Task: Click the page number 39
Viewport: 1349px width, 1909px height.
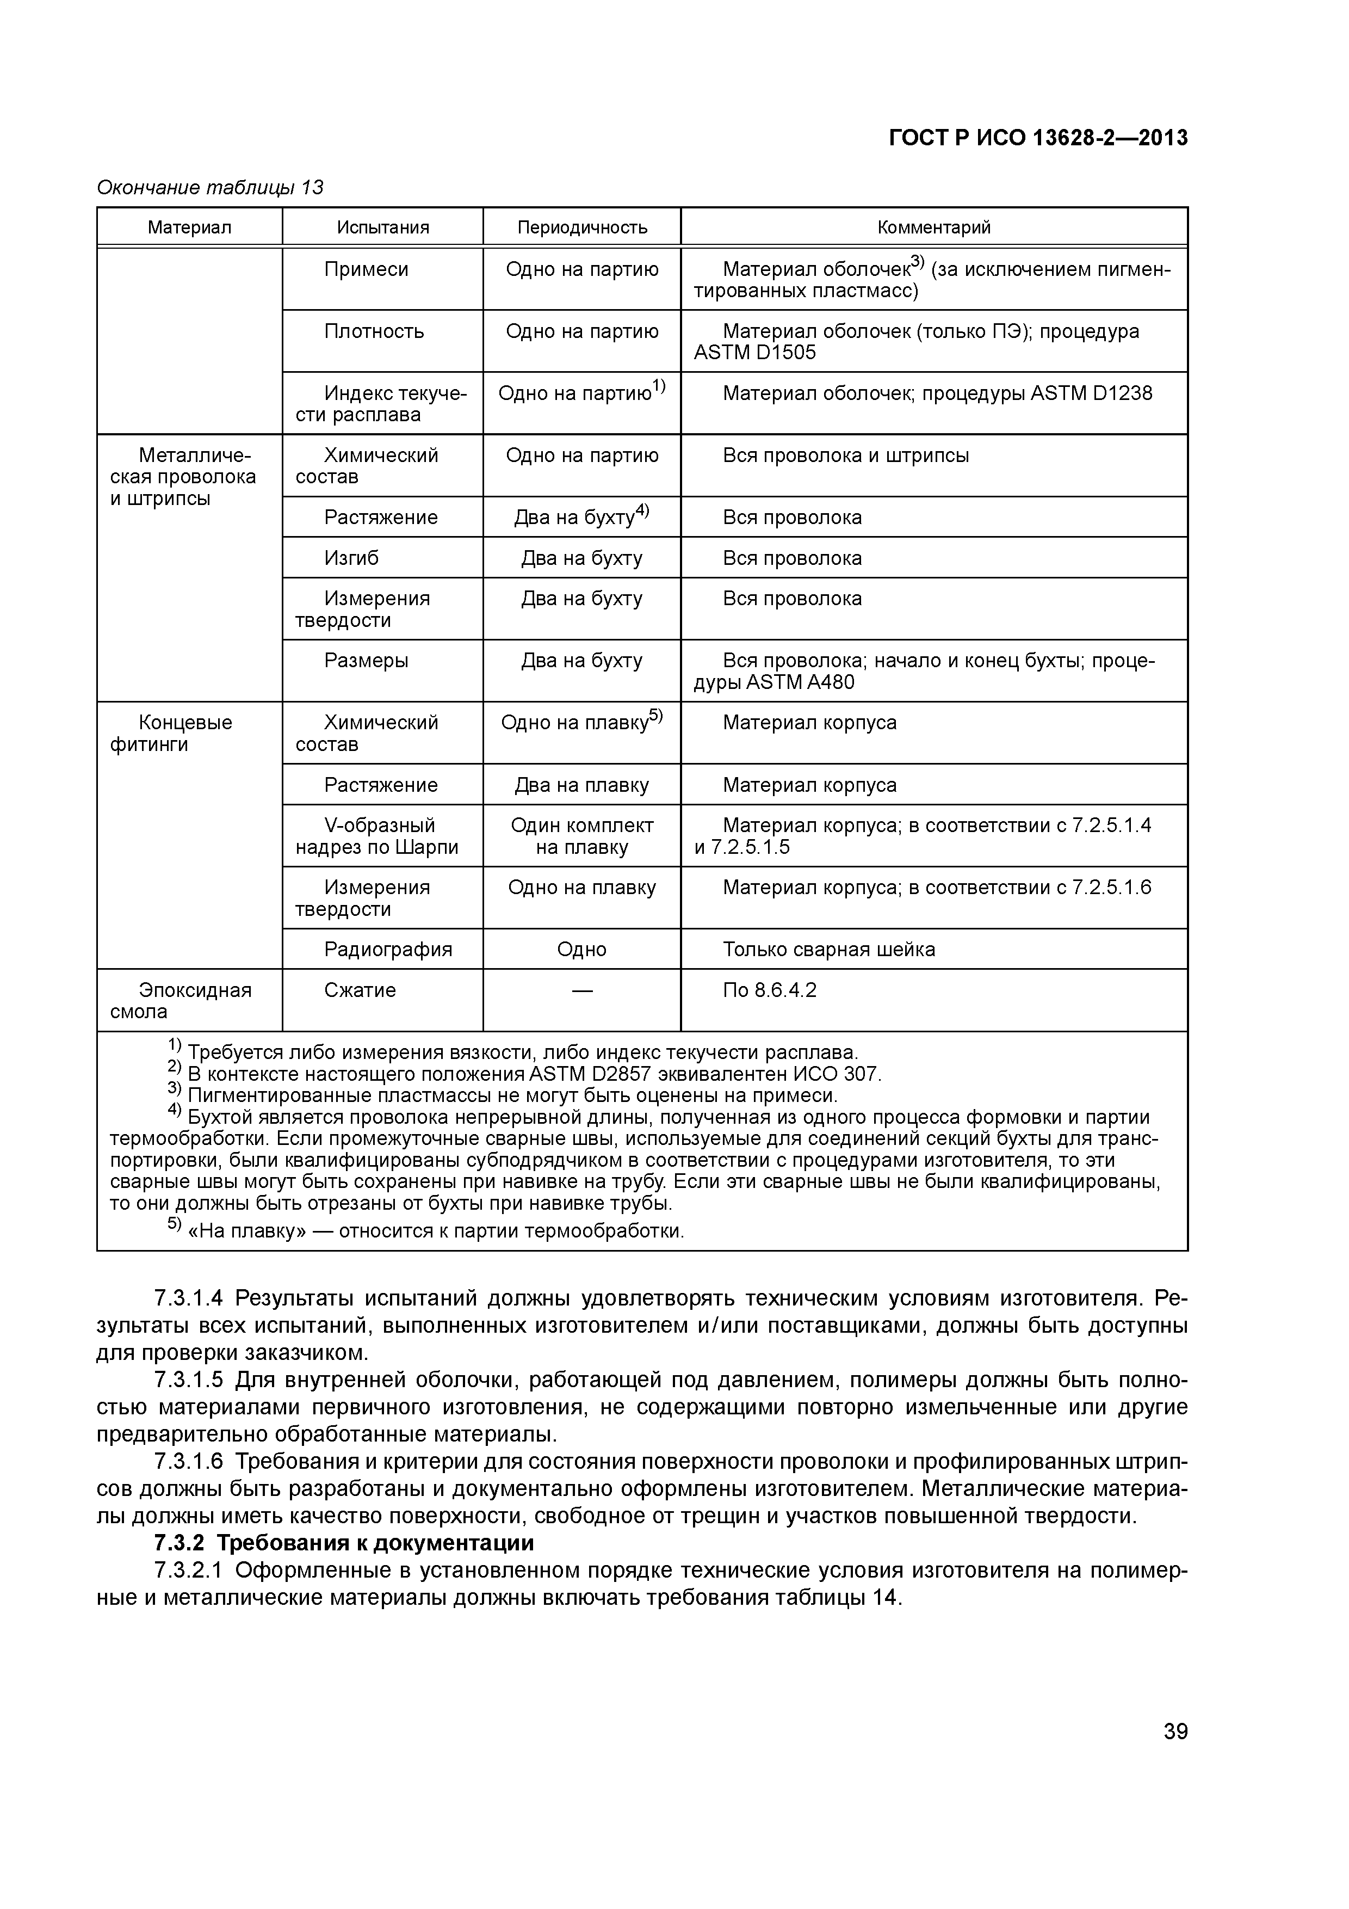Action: [1175, 1732]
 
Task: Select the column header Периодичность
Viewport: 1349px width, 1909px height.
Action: [582, 227]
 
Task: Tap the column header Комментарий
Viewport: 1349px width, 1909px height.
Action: [933, 227]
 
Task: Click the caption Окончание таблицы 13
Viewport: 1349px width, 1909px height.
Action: [211, 188]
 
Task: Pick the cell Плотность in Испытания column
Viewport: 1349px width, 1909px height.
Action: [374, 331]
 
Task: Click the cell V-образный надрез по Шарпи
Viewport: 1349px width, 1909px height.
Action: [378, 836]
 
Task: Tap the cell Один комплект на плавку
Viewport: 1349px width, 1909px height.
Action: [582, 836]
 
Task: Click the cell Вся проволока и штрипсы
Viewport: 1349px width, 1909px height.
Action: [845, 455]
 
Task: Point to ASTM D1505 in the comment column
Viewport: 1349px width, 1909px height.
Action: [754, 353]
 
